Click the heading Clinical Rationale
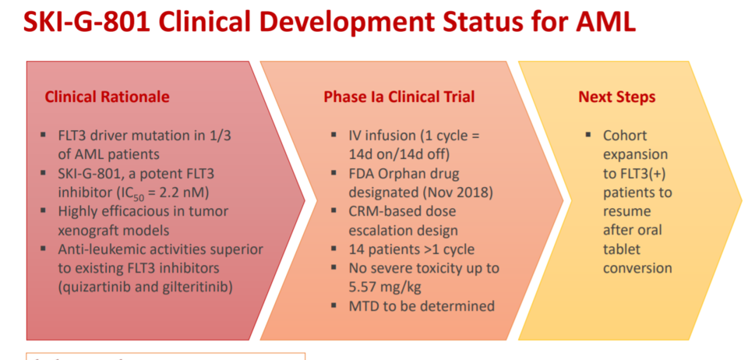tap(107, 97)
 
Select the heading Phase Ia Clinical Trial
tap(399, 97)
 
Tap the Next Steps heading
tap(617, 97)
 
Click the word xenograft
tap(87, 230)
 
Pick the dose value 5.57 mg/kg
tap(386, 287)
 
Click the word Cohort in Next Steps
tap(625, 136)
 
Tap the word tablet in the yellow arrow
tap(622, 249)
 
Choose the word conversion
tap(638, 268)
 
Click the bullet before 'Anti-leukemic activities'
tap(44, 249)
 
